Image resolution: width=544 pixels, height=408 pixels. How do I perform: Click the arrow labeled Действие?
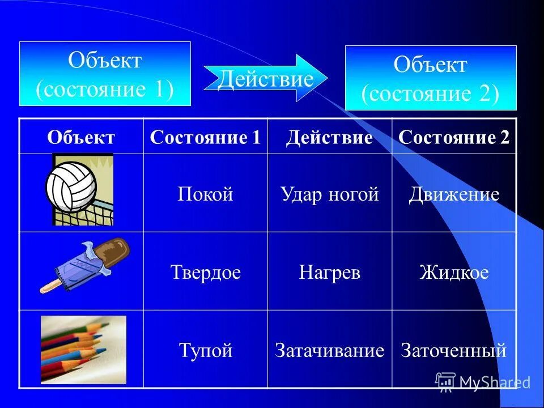click(x=265, y=79)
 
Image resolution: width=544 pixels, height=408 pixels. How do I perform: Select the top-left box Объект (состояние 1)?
click(x=105, y=74)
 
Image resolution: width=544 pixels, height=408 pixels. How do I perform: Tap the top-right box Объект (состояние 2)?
click(x=431, y=78)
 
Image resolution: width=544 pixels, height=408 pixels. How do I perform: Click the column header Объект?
click(x=81, y=138)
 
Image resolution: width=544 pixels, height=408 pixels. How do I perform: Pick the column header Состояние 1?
click(x=205, y=138)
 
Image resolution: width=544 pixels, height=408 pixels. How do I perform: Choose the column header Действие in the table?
click(x=329, y=138)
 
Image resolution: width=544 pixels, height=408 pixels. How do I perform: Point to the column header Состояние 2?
click(x=454, y=138)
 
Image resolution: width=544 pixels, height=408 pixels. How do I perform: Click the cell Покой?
click(x=205, y=195)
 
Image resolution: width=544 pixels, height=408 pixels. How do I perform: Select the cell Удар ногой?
click(x=329, y=195)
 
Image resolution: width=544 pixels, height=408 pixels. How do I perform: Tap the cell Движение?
click(x=454, y=195)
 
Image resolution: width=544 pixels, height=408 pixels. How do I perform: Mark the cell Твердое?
click(x=205, y=273)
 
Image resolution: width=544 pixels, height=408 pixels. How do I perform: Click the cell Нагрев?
click(x=329, y=273)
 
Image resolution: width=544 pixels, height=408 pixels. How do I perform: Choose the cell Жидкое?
click(x=454, y=273)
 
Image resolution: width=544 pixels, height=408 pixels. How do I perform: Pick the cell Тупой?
click(x=205, y=350)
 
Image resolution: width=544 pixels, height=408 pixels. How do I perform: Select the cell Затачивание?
click(x=329, y=350)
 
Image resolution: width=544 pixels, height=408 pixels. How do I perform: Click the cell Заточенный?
click(x=454, y=350)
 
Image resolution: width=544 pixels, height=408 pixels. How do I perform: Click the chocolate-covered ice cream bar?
click(x=85, y=265)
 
